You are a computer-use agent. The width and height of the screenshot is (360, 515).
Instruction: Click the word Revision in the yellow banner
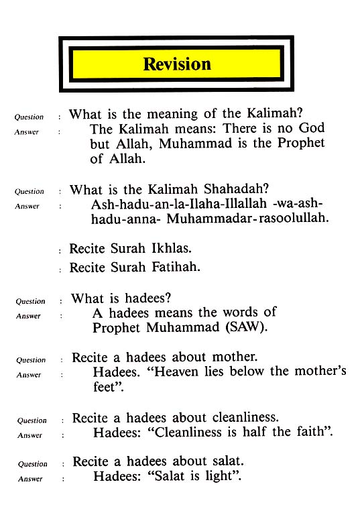click(177, 64)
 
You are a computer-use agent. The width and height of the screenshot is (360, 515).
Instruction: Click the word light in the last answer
click(222, 477)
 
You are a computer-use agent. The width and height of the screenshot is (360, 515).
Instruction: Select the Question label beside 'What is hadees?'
click(30, 302)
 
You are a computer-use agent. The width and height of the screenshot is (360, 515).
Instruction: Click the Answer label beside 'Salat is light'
click(30, 479)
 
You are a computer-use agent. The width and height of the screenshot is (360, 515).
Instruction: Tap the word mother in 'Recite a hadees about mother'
click(233, 357)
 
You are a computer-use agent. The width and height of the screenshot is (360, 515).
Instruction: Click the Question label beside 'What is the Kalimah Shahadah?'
click(29, 192)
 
